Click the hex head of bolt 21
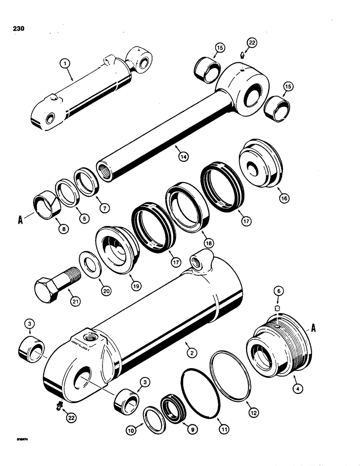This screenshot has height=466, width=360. [x=46, y=284]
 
